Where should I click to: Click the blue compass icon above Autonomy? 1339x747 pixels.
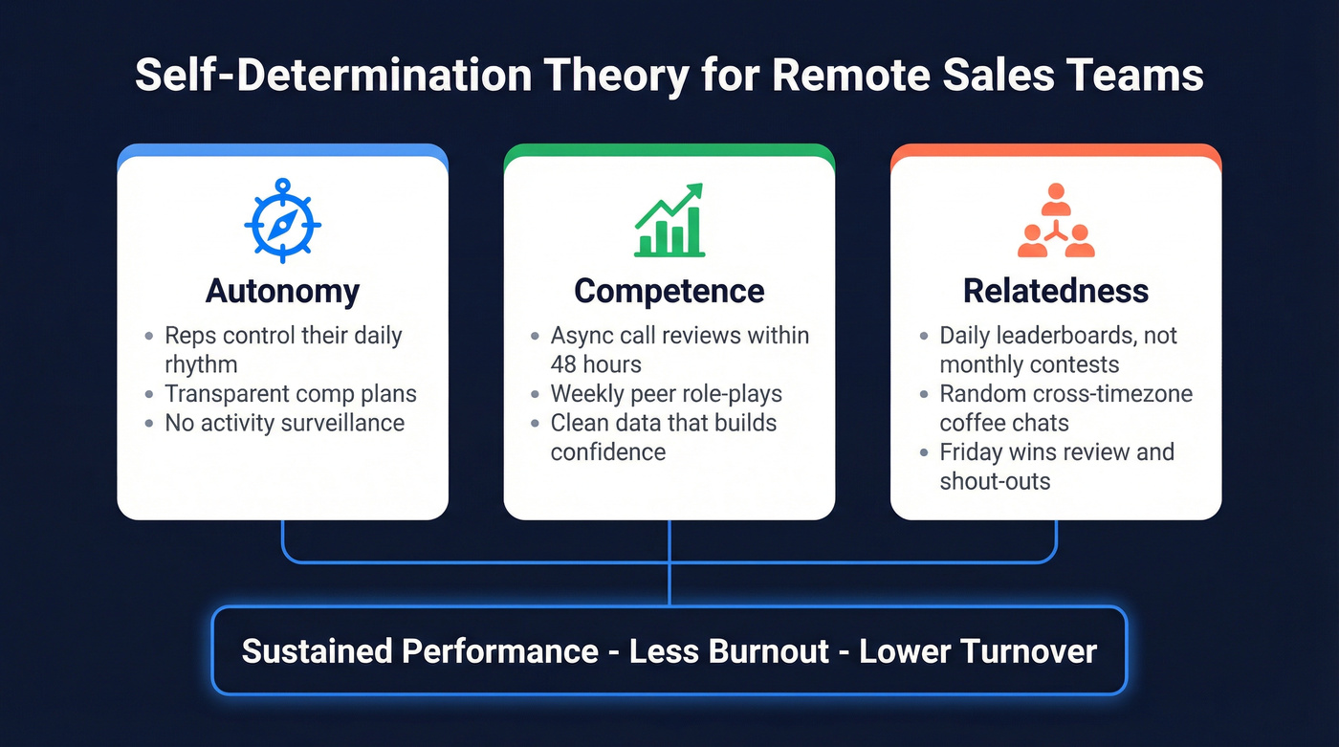282,221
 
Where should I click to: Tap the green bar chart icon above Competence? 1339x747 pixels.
669,221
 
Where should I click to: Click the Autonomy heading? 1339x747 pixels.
283,291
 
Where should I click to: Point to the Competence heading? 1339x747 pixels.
669,291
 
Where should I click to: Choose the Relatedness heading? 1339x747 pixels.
1056,291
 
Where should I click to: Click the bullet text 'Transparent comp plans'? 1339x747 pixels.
291,394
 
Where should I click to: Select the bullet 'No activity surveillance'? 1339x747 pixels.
284,423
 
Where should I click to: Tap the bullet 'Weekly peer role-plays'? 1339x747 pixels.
666,394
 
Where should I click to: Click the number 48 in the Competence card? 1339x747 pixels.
566,364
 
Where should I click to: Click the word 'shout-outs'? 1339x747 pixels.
995,481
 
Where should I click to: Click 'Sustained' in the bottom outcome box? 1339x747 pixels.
316,651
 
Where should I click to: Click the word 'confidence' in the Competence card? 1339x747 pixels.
607,452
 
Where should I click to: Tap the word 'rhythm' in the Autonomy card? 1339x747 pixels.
201,364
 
